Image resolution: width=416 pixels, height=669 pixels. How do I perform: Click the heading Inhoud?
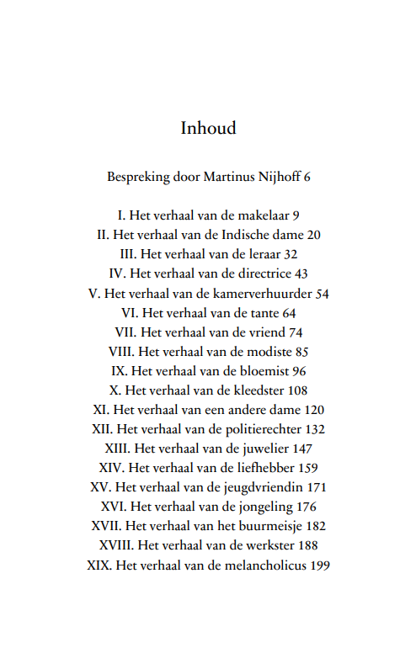tap(208, 128)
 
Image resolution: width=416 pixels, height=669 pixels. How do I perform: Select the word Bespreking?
tap(137, 178)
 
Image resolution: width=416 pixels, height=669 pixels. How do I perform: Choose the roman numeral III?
tap(128, 254)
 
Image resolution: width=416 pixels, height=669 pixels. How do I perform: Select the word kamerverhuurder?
tap(265, 294)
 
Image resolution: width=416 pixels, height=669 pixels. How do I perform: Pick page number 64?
tap(289, 313)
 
